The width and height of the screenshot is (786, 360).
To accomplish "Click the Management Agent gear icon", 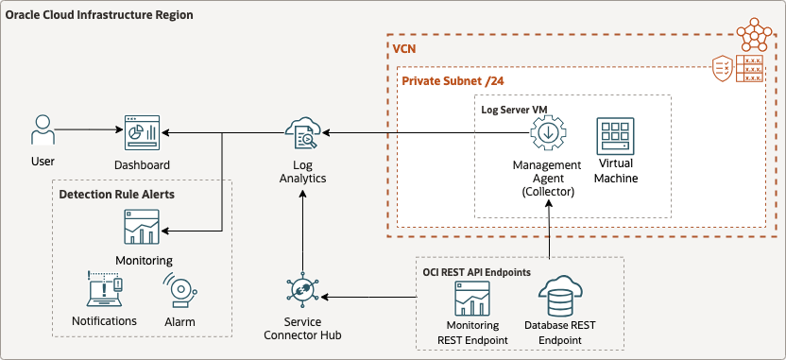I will pos(547,134).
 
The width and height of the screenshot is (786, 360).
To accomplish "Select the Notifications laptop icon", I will pos(104,291).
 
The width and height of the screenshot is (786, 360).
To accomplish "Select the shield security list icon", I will pos(722,69).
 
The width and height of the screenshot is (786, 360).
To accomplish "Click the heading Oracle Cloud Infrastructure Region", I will pos(99,16).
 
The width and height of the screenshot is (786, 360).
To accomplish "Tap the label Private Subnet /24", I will pos(453,81).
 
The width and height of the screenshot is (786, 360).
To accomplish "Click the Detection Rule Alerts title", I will pos(116,194).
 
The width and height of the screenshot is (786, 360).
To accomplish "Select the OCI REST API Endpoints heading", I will pos(476,271).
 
